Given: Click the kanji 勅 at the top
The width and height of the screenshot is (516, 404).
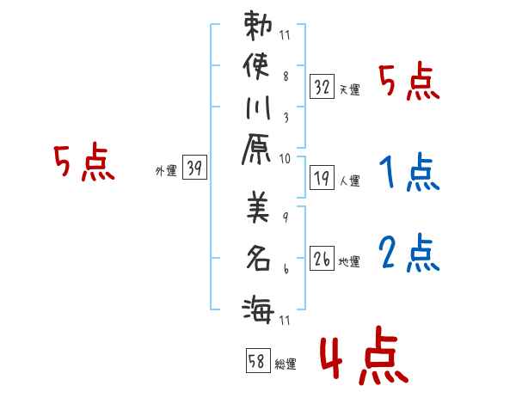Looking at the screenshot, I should tap(258, 28).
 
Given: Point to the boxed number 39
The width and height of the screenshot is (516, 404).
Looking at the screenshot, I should tap(194, 168).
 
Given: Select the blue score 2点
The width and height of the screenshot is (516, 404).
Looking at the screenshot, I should tap(408, 254).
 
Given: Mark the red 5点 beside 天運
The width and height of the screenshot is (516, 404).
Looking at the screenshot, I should tap(408, 83).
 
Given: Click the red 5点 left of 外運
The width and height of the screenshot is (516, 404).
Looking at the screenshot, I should tap(83, 163).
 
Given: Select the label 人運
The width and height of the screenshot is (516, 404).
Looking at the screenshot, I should tap(350, 181).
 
